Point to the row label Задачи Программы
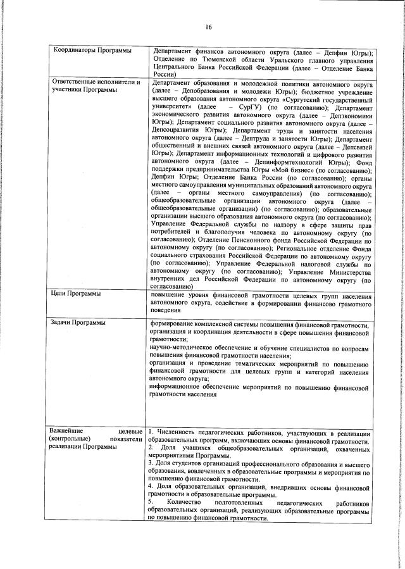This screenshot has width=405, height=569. (78, 323)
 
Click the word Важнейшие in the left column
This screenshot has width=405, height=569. (70, 431)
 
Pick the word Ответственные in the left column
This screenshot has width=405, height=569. (75, 81)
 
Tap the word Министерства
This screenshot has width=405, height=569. (342, 271)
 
